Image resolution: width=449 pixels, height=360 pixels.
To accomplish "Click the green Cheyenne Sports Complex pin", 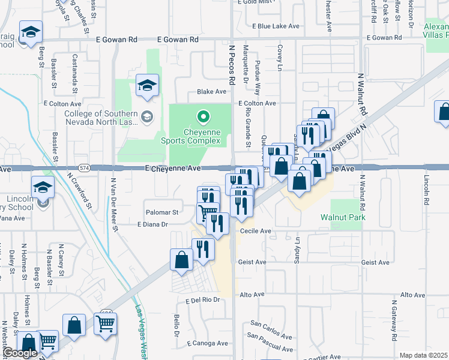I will point(203,116).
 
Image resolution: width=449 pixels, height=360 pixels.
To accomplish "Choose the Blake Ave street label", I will point(212,92).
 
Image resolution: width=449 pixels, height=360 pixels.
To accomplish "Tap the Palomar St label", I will point(162,212).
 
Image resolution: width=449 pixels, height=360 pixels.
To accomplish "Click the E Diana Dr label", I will point(155,224).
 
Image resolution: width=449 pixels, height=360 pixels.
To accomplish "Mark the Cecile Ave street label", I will point(256,230).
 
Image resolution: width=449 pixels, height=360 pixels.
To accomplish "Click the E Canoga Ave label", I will point(207,344).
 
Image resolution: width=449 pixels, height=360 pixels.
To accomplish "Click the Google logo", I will point(20,353).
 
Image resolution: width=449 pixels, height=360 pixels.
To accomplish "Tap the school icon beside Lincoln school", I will point(43,188).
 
